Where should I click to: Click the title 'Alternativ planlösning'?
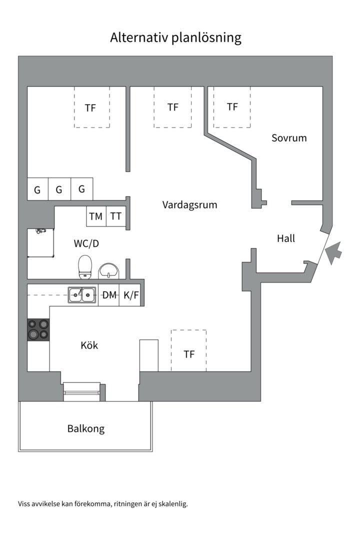pyautogui.click(x=175, y=37)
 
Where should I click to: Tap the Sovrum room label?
pyautogui.click(x=289, y=137)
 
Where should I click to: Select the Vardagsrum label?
pyautogui.click(x=189, y=205)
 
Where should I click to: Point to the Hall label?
pyautogui.click(x=286, y=238)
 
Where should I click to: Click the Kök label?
pyautogui.click(x=89, y=345)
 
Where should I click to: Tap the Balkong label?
pyautogui.click(x=86, y=428)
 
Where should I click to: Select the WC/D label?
pyautogui.click(x=86, y=244)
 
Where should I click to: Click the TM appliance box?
pyautogui.click(x=96, y=216)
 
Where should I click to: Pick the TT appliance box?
pyautogui.click(x=116, y=216)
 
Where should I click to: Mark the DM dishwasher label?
pyautogui.click(x=109, y=295)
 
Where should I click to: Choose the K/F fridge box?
pyautogui.click(x=131, y=295)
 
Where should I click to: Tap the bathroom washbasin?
pyautogui.click(x=108, y=270)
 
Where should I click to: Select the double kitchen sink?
pyautogui.click(x=82, y=295)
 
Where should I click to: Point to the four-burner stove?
pyautogui.click(x=38, y=329)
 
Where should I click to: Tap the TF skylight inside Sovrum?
pyautogui.click(x=232, y=107)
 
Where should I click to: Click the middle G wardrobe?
pyautogui.click(x=59, y=189)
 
